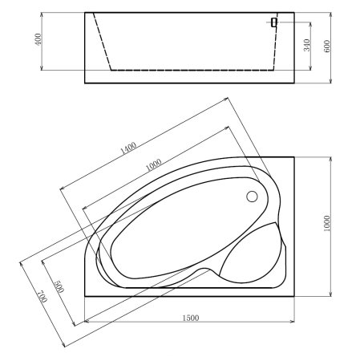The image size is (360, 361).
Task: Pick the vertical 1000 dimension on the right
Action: [x=327, y=226]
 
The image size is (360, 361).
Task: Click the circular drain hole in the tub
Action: [x=252, y=196]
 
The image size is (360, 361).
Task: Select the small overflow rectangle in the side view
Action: [x=274, y=22]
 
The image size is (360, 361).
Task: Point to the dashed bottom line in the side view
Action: [x=192, y=70]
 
